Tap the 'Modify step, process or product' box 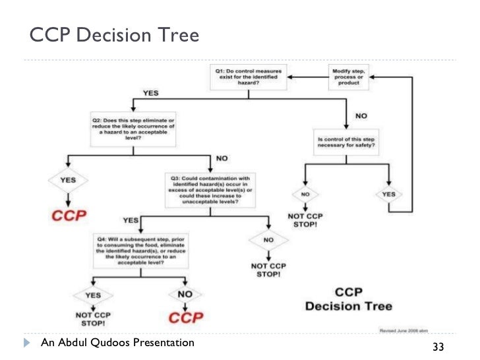pos(350,76)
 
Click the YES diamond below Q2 pos(67,180)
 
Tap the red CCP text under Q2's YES pos(67,216)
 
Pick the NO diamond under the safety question pos(305,195)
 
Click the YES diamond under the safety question pos(389,195)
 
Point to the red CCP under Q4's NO pos(184,318)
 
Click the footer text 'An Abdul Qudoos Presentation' pos(117,343)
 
